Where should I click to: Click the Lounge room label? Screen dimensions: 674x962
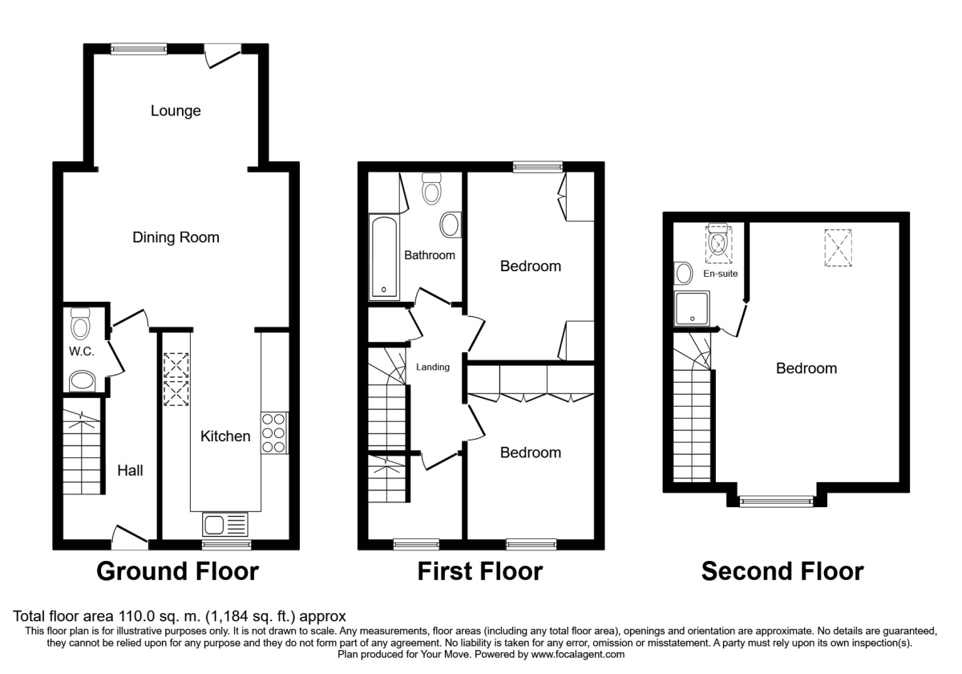tap(176, 111)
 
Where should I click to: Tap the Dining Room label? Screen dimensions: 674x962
tap(176, 238)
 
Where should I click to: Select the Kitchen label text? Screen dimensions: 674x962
tap(225, 436)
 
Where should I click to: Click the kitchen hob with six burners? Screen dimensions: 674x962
tap(274, 434)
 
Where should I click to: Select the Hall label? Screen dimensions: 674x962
tap(130, 470)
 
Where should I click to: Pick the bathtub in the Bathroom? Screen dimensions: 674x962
tap(384, 257)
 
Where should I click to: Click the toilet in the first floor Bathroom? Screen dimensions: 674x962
tap(432, 189)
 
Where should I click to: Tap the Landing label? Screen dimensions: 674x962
tap(433, 367)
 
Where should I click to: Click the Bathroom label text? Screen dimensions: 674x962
tap(430, 255)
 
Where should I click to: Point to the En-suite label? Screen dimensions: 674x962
tap(720, 274)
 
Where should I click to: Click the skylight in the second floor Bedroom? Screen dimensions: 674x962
tap(839, 247)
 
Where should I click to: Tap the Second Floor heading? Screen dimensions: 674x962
tap(782, 571)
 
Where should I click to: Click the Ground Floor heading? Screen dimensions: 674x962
tap(177, 571)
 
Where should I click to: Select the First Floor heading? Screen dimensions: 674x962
tap(479, 571)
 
